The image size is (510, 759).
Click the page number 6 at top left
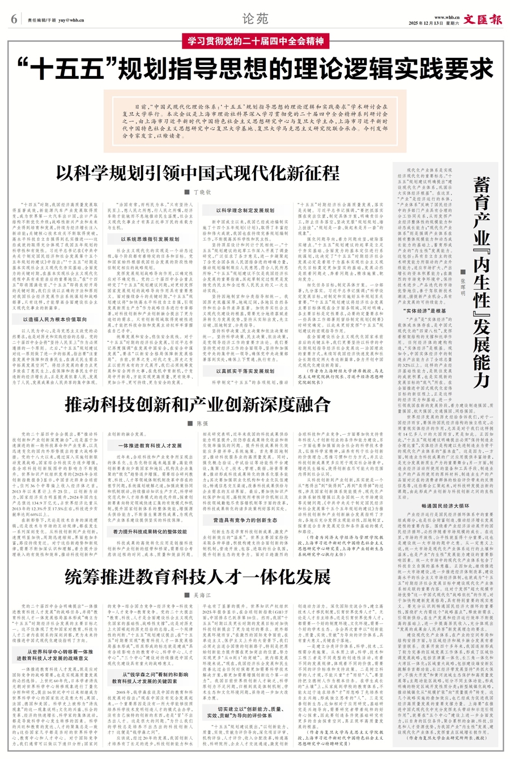click(x=14, y=19)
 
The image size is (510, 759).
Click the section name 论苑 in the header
click(x=254, y=18)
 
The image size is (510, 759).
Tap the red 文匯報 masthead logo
click(x=482, y=19)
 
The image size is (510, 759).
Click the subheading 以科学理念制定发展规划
click(x=245, y=210)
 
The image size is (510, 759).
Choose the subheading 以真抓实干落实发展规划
click(x=245, y=371)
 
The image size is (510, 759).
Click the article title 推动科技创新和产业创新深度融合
click(x=197, y=404)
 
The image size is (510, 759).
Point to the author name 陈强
click(x=201, y=423)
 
